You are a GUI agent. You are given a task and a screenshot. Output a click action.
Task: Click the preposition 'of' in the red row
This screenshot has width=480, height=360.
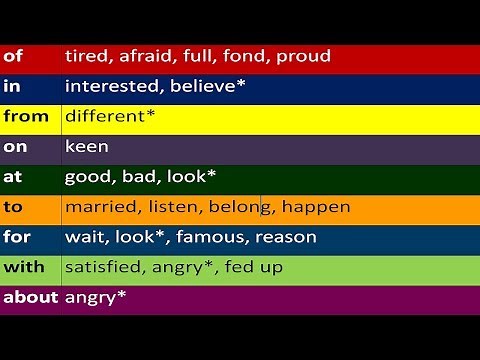coord(13,57)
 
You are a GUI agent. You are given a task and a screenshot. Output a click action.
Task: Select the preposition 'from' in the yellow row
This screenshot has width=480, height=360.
coord(26,116)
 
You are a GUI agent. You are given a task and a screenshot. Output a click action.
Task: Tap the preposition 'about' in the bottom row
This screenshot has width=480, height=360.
coord(31,297)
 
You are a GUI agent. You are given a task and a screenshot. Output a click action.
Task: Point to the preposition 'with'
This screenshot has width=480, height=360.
coord(24,267)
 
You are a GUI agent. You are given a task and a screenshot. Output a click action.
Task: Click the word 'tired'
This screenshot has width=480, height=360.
coord(87,57)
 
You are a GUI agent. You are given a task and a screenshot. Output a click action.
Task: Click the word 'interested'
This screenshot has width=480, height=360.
coord(111,87)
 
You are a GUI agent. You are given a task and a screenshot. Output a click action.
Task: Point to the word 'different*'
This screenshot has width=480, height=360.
coord(110,117)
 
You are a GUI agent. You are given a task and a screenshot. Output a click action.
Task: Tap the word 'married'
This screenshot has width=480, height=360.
coord(99,207)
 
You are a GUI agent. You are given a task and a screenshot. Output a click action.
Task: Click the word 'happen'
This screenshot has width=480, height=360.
coord(316,207)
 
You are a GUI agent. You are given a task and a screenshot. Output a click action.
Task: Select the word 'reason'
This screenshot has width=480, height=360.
coord(285,237)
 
